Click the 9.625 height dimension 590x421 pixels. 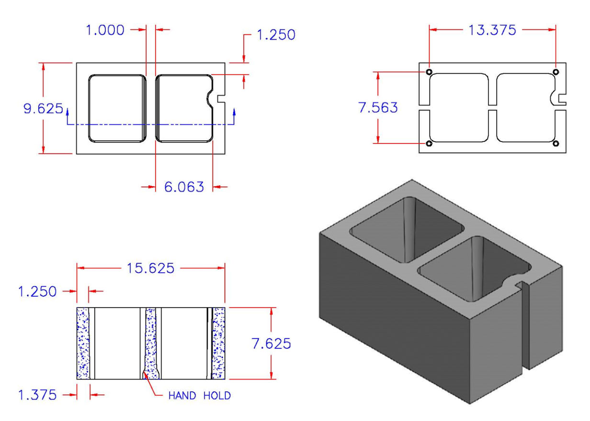tap(43, 109)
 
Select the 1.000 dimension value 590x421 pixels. tap(105, 30)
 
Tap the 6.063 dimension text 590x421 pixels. tap(184, 187)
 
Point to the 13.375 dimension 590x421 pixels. tap(492, 30)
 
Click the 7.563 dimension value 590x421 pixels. tap(378, 108)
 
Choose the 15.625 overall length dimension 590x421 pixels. tap(150, 268)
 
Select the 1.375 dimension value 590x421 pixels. tap(37, 395)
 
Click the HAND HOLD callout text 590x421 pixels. tap(199, 396)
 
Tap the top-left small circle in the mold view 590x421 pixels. tap(429, 72)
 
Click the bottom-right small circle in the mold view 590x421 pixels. tap(556, 143)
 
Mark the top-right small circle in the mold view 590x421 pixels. tap(556, 72)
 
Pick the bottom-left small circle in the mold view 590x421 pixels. tap(429, 143)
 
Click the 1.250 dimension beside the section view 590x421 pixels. tap(37, 291)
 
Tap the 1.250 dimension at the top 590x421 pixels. tap(276, 35)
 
